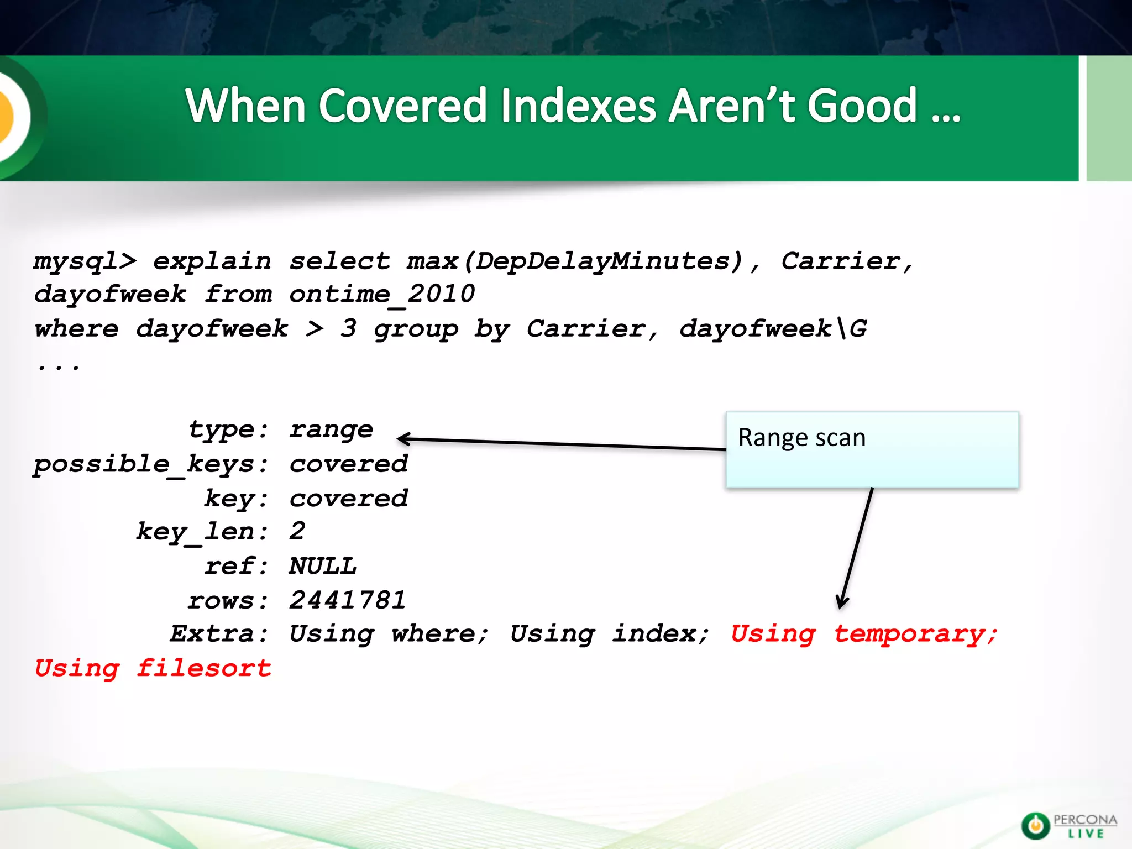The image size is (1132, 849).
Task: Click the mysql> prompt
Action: point(85,261)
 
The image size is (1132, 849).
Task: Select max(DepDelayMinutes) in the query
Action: point(575,261)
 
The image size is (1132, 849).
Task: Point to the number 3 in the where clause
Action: point(348,328)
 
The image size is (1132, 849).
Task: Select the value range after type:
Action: point(331,429)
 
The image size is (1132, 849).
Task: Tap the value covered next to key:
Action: point(348,499)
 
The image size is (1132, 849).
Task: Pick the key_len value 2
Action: point(297,531)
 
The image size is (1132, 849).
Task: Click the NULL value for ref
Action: point(323,566)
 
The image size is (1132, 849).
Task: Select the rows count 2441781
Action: point(348,600)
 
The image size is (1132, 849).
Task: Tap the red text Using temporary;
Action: point(864,634)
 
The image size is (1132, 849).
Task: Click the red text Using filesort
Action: point(153,668)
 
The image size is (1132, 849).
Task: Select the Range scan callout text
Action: point(801,438)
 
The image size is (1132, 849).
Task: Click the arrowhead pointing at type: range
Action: point(403,439)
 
